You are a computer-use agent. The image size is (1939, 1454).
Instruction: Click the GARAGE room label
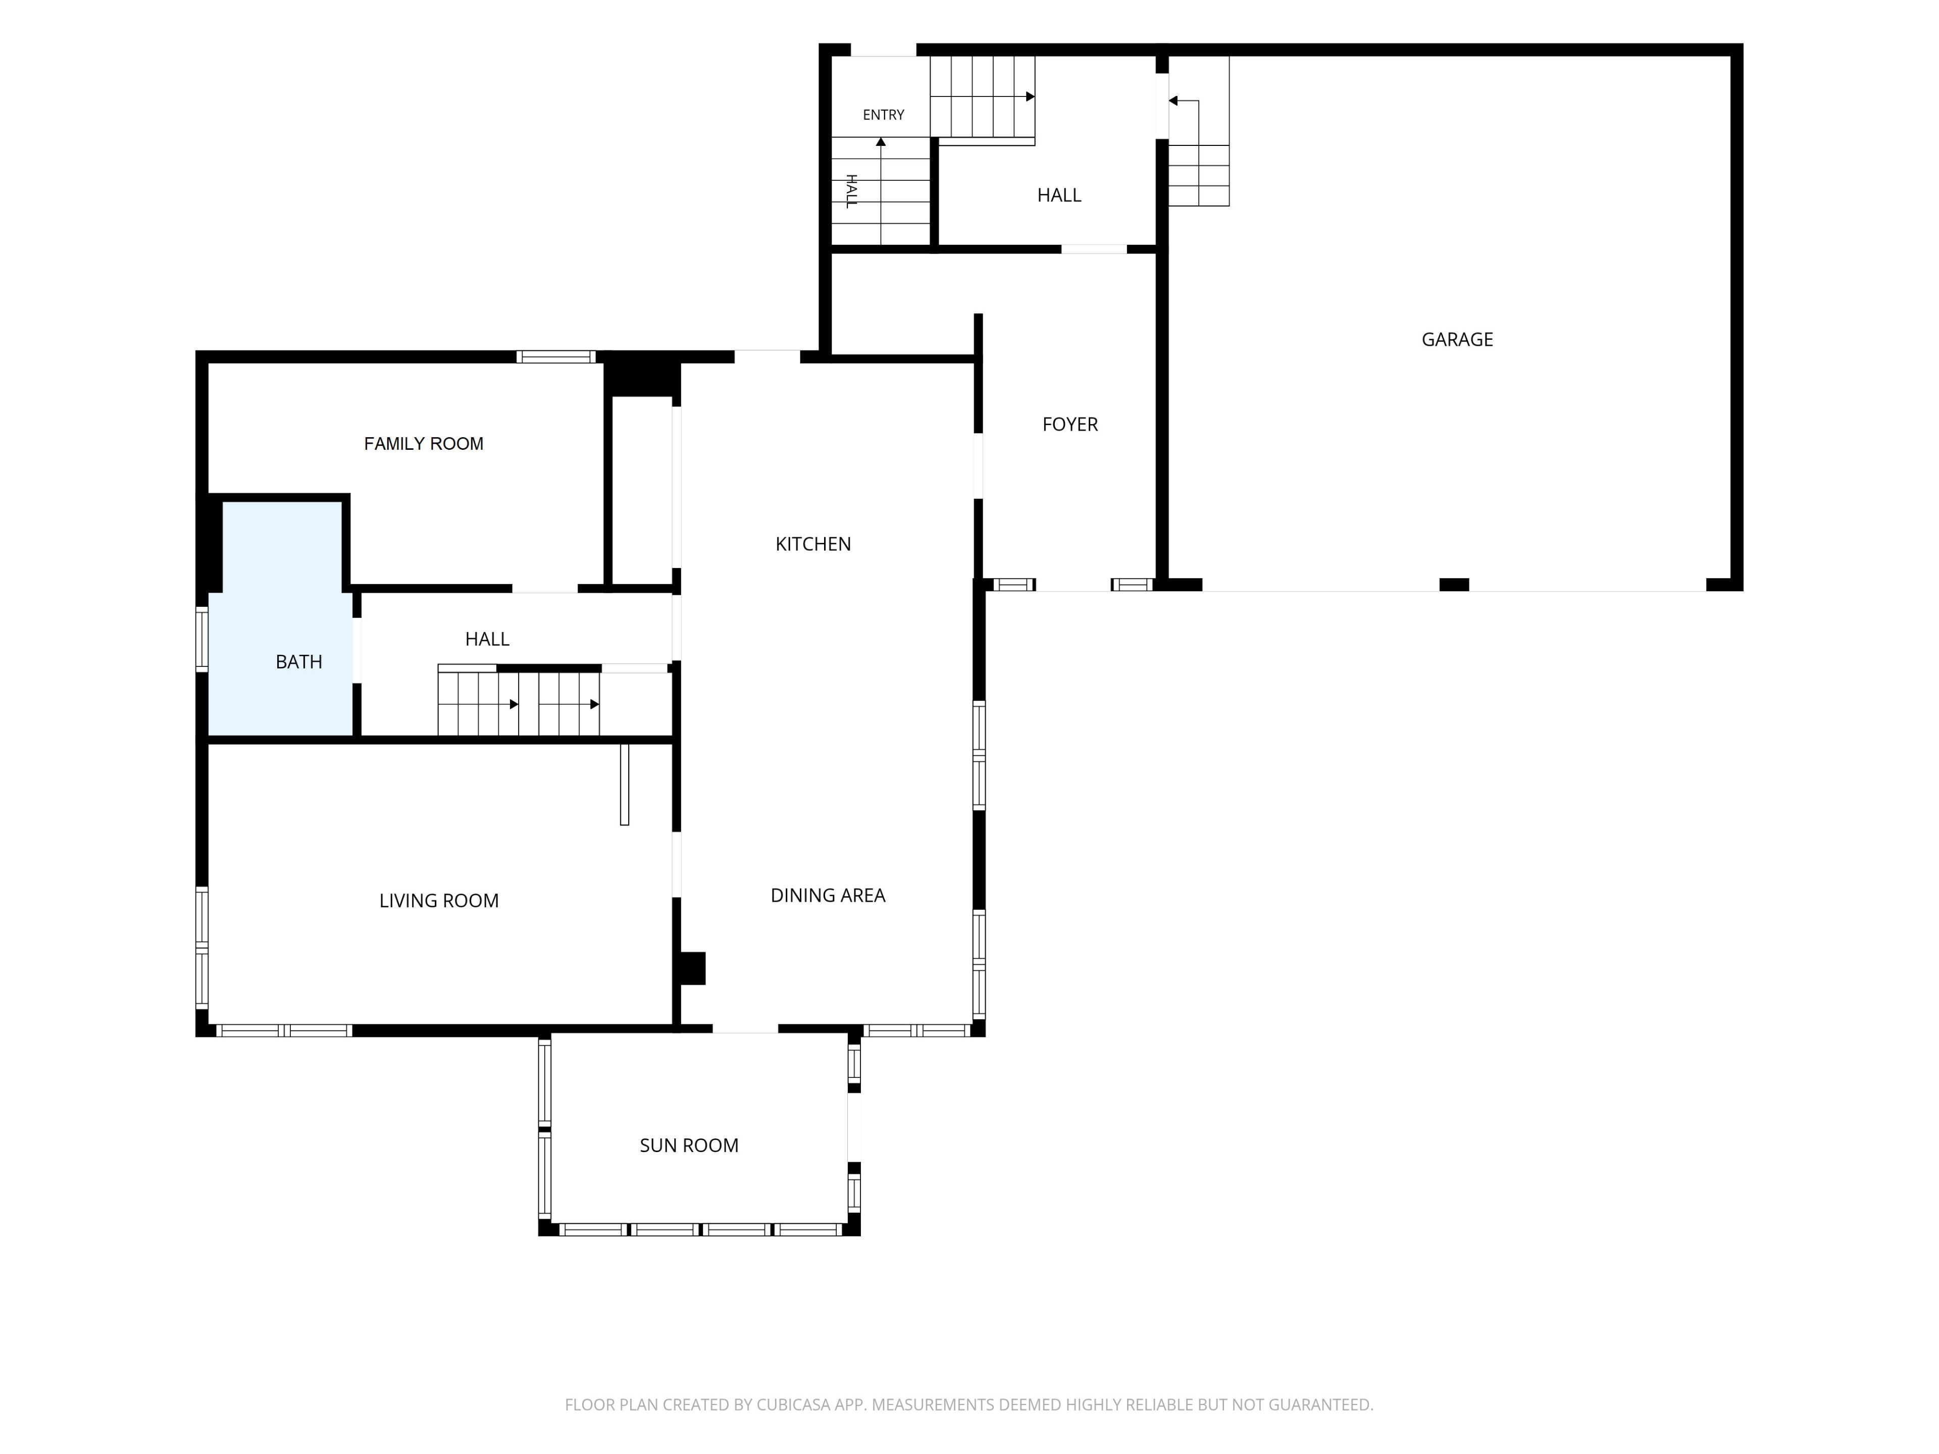point(1457,339)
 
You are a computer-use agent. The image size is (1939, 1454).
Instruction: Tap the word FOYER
point(1069,424)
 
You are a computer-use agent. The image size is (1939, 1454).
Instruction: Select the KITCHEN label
point(812,544)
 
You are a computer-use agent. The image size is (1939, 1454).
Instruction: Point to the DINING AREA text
point(828,895)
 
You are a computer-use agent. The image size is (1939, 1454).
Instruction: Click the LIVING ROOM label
point(438,901)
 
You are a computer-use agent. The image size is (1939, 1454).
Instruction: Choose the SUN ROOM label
point(689,1146)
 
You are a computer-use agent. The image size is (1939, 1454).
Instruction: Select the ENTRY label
point(883,115)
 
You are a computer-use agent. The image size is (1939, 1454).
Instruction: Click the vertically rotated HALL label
point(850,191)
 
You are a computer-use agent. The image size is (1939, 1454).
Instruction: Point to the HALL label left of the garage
point(1059,195)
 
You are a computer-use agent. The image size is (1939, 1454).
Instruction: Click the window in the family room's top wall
point(556,357)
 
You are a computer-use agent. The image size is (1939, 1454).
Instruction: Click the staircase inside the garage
point(1198,131)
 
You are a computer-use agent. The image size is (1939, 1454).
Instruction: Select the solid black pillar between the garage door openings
point(1454,585)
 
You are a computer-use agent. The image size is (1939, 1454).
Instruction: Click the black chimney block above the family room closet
point(642,374)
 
